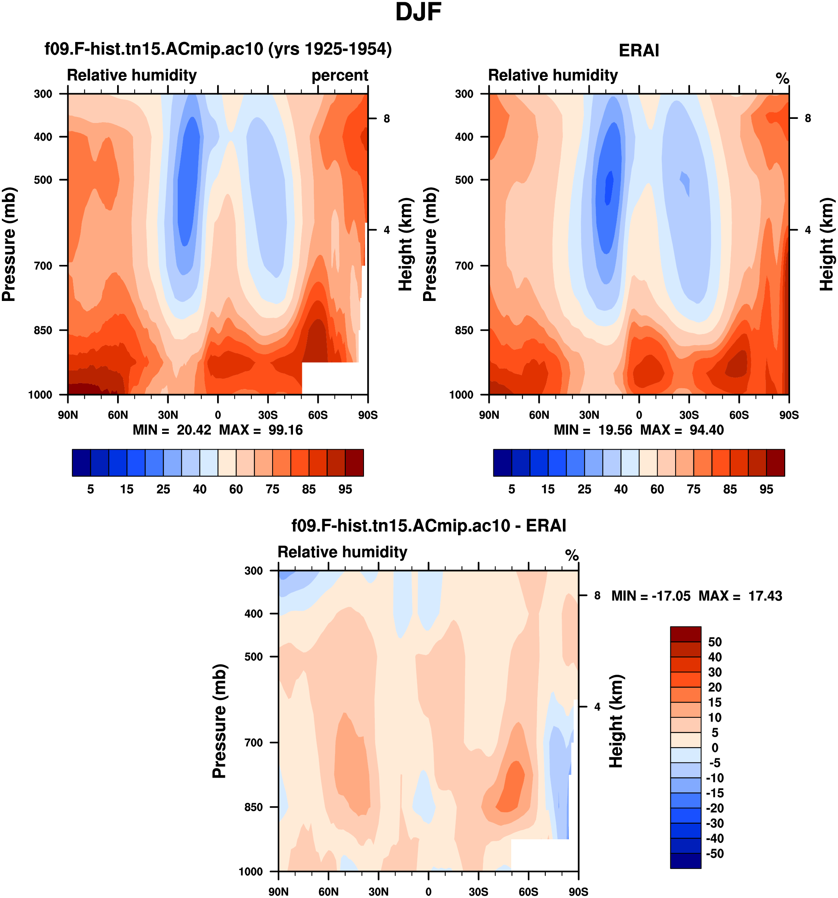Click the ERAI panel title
pyautogui.click(x=638, y=51)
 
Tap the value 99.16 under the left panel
pyautogui.click(x=285, y=429)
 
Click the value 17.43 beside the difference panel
pyautogui.click(x=765, y=596)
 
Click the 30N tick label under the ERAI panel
pyautogui.click(x=589, y=415)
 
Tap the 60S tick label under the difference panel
pyautogui.click(x=528, y=892)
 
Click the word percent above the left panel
pyautogui.click(x=339, y=75)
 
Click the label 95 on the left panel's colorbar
pyautogui.click(x=345, y=489)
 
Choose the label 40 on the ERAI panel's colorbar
pyautogui.click(x=621, y=489)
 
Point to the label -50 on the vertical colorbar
pyautogui.click(x=714, y=853)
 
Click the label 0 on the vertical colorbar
pyautogui.click(x=715, y=748)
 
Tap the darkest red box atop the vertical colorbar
pyautogui.click(x=685, y=634)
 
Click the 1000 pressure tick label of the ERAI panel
pyautogui.click(x=461, y=395)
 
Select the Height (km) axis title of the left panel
pyautogui.click(x=406, y=244)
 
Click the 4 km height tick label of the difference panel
pyautogui.click(x=597, y=707)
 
